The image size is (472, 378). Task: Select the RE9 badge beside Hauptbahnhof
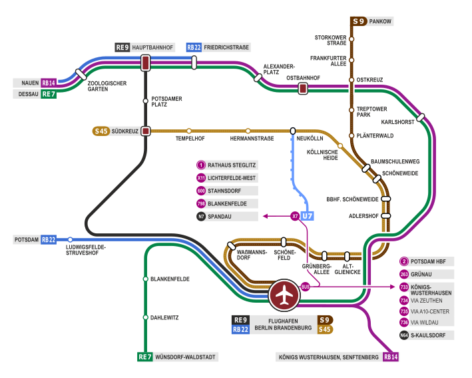(x=122, y=47)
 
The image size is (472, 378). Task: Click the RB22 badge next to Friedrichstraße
(x=194, y=47)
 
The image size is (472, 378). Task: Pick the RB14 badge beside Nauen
(x=49, y=83)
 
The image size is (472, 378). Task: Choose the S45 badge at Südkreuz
(x=101, y=131)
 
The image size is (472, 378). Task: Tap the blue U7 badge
(x=307, y=216)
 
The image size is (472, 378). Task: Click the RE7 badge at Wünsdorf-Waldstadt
(x=144, y=357)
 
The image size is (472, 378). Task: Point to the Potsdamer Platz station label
(x=166, y=101)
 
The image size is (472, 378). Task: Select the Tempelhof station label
(x=189, y=138)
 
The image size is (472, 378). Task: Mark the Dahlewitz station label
(x=164, y=318)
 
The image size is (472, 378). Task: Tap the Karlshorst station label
(x=397, y=122)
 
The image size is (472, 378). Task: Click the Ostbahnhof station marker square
(x=303, y=88)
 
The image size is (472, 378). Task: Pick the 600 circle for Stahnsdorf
(x=201, y=191)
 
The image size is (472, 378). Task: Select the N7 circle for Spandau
(x=201, y=216)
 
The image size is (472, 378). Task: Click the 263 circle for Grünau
(x=404, y=274)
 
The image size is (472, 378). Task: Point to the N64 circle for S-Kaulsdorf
(x=404, y=335)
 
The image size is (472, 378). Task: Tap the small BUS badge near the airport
(x=306, y=287)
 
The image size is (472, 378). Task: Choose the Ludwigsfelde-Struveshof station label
(x=86, y=249)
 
